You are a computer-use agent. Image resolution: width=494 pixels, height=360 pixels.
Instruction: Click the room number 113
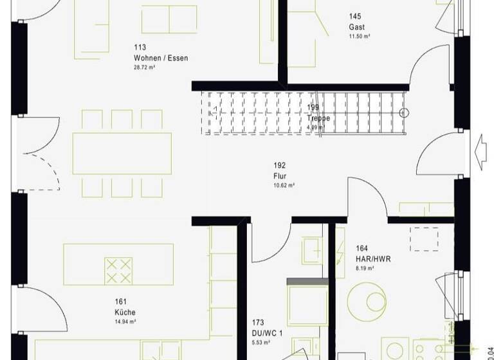coord(140,47)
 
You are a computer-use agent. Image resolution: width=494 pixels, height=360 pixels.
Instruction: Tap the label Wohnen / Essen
coord(161,57)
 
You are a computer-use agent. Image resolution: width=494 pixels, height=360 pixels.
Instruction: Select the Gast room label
coord(356,27)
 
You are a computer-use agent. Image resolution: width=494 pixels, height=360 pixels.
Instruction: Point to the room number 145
coord(355,16)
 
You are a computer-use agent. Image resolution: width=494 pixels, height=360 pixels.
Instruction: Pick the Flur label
coord(279,175)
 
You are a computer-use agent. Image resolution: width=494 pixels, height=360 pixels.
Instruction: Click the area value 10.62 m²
coord(283,185)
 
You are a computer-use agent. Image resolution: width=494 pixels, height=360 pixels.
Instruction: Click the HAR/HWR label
coord(373,259)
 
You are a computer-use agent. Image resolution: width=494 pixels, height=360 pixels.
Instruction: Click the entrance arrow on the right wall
coord(479,154)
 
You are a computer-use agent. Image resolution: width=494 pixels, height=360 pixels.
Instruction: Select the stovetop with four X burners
coord(118,271)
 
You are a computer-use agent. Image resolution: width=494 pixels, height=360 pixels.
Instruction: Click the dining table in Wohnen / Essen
coord(122,154)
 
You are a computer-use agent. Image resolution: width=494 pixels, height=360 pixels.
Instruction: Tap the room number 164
coord(361,249)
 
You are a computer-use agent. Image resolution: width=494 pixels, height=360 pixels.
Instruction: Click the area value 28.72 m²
coord(145,67)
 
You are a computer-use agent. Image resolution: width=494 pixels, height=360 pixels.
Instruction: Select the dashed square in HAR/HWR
coord(425,239)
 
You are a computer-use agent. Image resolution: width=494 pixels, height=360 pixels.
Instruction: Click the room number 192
coord(279,165)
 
